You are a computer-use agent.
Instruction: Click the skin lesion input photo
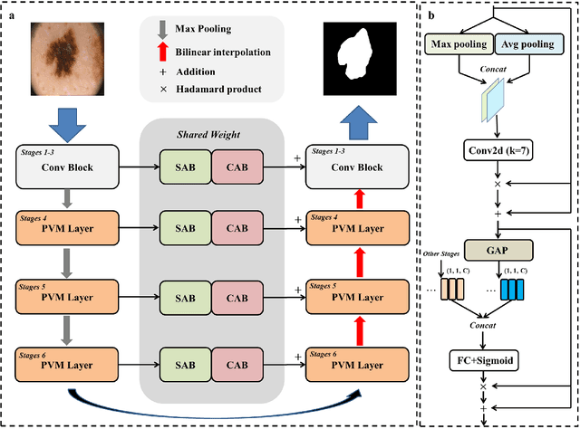tap(73, 54)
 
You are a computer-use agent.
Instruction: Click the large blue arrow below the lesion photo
tap(72, 123)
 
